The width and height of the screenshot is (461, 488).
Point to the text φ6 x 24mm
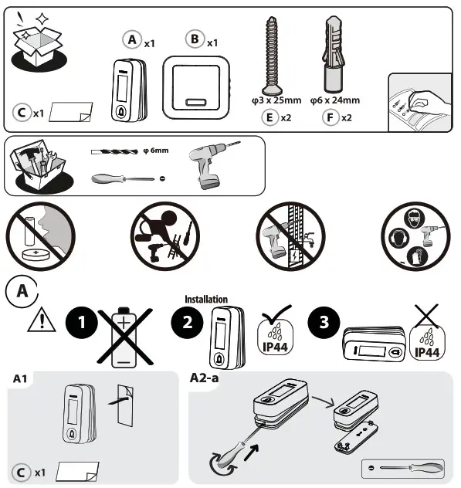tap(334, 100)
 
